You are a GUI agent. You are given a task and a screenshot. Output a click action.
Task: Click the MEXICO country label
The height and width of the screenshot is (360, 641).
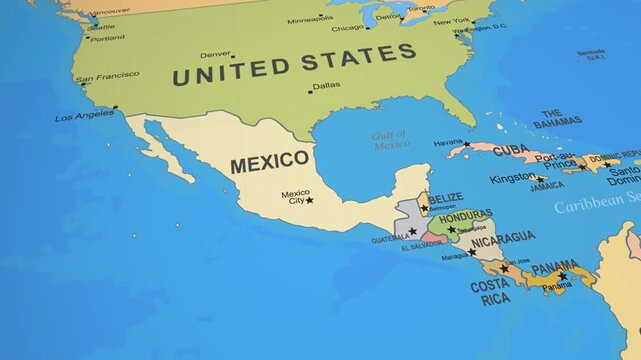click(x=270, y=162)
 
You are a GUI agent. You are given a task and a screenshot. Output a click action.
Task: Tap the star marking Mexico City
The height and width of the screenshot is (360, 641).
click(x=309, y=200)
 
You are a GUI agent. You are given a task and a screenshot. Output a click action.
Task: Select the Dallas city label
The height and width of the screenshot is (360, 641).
click(x=326, y=86)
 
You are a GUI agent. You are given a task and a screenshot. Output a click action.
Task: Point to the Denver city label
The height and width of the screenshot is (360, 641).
click(x=214, y=54)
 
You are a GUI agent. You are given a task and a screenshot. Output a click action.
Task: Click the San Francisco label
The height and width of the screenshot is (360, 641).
click(x=107, y=77)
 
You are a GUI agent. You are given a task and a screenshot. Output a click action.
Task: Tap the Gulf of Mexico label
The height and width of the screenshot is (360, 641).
click(x=391, y=141)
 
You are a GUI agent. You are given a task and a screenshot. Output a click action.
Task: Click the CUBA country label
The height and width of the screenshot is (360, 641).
click(x=511, y=150)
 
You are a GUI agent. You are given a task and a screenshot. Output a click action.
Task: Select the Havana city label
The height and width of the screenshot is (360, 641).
click(x=448, y=143)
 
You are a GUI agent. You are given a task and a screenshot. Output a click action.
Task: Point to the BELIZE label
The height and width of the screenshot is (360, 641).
click(x=446, y=198)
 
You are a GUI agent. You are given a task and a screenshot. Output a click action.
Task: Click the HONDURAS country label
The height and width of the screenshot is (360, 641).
click(x=465, y=215)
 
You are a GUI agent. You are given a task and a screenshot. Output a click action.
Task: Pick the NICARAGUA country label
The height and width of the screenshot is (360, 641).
click(x=503, y=239)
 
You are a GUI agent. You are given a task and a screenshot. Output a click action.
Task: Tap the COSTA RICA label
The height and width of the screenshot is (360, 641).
click(x=490, y=292)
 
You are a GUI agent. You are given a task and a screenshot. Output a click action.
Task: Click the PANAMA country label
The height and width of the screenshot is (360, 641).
click(x=554, y=268)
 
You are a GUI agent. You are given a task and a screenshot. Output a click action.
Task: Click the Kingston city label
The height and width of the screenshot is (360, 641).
click(x=511, y=178)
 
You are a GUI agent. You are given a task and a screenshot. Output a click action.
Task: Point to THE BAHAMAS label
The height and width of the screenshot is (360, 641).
click(x=556, y=119)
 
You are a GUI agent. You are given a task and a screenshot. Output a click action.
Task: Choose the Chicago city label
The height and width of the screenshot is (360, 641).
click(x=347, y=28)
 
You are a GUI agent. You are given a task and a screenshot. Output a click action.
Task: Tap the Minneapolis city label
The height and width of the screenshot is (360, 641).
click(x=310, y=19)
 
